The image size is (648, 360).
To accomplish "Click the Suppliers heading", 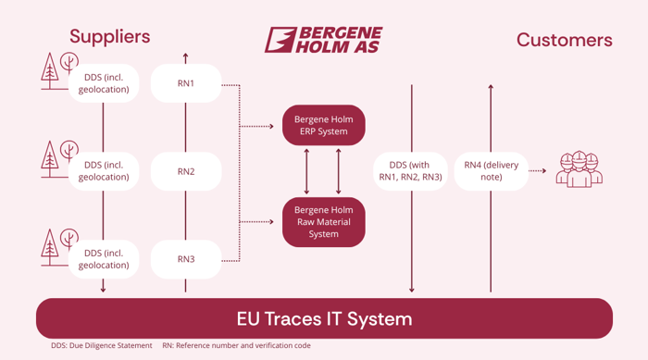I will pyautogui.click(x=109, y=37).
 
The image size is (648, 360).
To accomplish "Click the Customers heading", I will pyautogui.click(x=564, y=40).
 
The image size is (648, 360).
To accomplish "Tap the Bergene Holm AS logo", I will pyautogui.click(x=323, y=40).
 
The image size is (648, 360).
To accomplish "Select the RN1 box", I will pyautogui.click(x=186, y=83).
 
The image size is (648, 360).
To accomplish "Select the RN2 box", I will pyautogui.click(x=186, y=171).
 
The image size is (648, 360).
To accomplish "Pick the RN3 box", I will pyautogui.click(x=186, y=259).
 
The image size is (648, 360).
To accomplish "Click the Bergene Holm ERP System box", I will pyautogui.click(x=323, y=126).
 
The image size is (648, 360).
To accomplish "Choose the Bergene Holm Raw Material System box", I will pyautogui.click(x=323, y=222).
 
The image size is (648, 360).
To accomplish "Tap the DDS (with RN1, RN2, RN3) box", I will pyautogui.click(x=410, y=171).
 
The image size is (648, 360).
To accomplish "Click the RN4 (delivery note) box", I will pyautogui.click(x=492, y=171).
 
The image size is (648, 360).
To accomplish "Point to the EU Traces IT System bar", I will pyautogui.click(x=324, y=319).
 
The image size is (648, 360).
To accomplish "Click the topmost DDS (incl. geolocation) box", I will pyautogui.click(x=105, y=83).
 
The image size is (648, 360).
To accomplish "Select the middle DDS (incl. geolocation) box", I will pyautogui.click(x=105, y=171).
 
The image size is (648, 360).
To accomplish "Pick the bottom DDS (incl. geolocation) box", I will pyautogui.click(x=105, y=259).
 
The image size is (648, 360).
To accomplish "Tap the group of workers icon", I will pyautogui.click(x=579, y=169).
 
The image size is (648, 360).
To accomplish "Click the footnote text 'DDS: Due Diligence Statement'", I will pyautogui.click(x=102, y=346).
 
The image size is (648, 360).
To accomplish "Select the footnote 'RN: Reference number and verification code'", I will pyautogui.click(x=236, y=346).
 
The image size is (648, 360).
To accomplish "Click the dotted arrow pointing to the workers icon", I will pyautogui.click(x=541, y=171).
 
